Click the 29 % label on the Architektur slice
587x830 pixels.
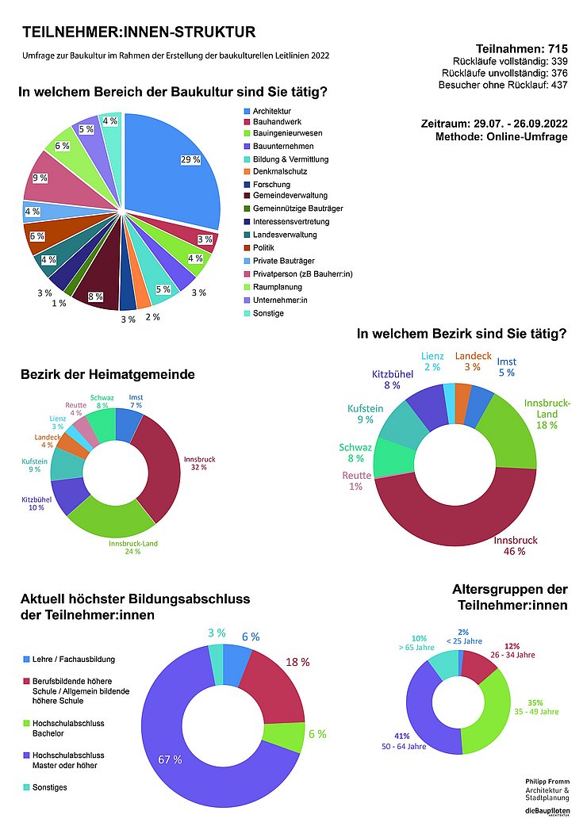point(190,159)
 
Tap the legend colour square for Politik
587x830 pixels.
point(247,248)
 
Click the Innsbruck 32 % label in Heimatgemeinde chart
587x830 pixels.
point(199,463)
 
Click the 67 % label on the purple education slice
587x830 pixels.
point(170,759)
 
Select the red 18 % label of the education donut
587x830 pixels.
point(297,662)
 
